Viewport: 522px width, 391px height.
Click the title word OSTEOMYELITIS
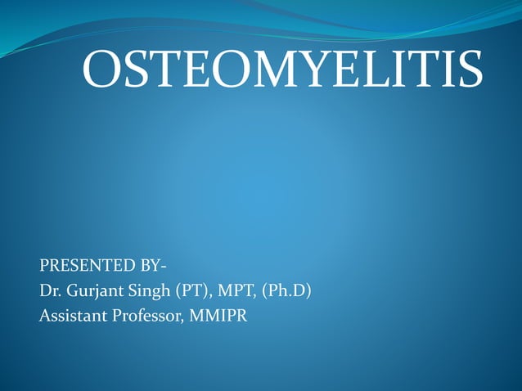click(282, 70)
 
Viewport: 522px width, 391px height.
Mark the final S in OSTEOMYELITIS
click(467, 70)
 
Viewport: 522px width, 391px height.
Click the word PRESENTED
click(85, 266)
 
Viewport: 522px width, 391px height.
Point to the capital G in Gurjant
click(71, 290)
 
